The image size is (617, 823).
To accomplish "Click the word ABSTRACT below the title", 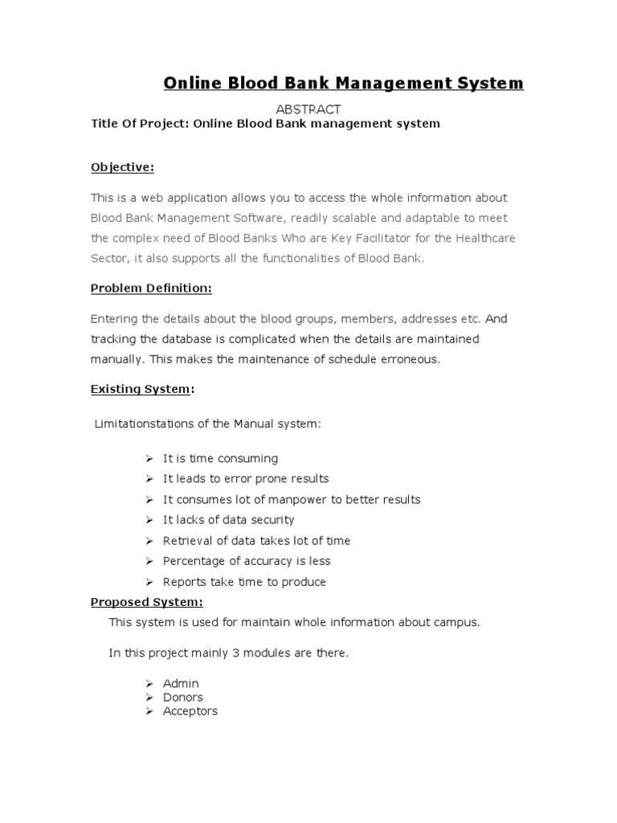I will pyautogui.click(x=308, y=109).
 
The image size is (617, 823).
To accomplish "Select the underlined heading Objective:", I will pyautogui.click(x=122, y=167).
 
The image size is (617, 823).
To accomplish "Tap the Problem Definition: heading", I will pyautogui.click(x=151, y=288).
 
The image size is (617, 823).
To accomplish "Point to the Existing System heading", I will pyautogui.click(x=141, y=390).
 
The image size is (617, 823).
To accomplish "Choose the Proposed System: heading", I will pyautogui.click(x=147, y=602).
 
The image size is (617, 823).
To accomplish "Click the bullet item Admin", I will pyautogui.click(x=181, y=683).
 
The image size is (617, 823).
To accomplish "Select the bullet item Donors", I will pyautogui.click(x=183, y=698).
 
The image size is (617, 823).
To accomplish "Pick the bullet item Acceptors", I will pyautogui.click(x=190, y=711).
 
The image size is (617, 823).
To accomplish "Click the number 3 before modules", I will pyautogui.click(x=236, y=653).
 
